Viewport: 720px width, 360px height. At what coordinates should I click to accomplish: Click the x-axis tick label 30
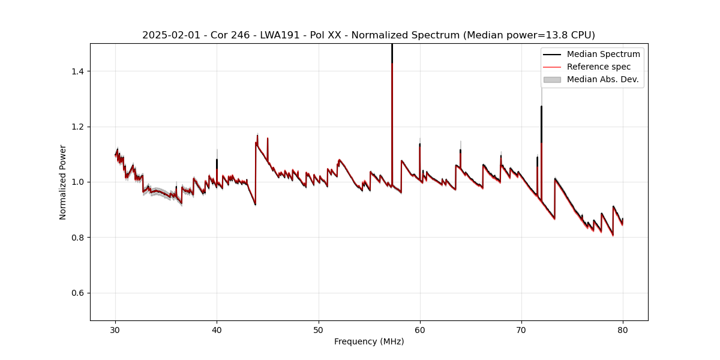[115, 330]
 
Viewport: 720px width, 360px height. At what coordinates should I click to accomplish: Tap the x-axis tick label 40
[217, 330]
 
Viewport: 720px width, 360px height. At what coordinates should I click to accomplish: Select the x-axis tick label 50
[318, 330]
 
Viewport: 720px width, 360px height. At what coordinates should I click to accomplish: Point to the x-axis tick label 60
[420, 330]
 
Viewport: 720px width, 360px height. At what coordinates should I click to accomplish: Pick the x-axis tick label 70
[521, 330]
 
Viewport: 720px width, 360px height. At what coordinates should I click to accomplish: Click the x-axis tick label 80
[623, 330]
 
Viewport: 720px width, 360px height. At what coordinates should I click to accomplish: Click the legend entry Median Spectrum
[603, 54]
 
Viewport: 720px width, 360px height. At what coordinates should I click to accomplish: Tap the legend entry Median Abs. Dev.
[602, 79]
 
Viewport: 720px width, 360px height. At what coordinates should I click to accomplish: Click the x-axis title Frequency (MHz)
[369, 341]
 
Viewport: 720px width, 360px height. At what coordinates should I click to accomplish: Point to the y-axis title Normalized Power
[63, 182]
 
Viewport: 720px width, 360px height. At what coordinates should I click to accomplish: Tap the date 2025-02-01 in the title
[170, 35]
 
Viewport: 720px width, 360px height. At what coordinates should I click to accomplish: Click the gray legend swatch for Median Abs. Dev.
[552, 79]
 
